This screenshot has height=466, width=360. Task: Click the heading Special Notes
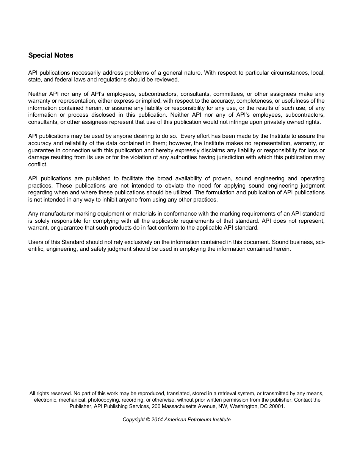coord(51,55)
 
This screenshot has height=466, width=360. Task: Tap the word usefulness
coord(298,101)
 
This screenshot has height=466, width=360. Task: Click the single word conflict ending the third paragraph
coord(38,164)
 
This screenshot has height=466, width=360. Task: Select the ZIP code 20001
coord(277,406)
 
